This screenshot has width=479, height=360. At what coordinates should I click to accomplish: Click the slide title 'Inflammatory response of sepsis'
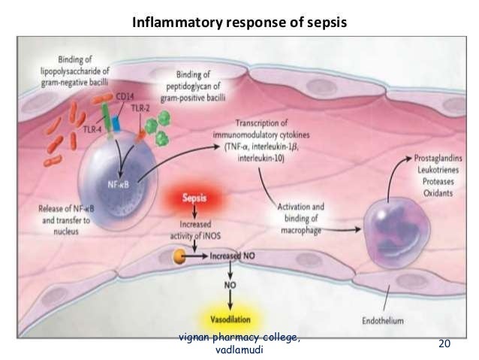[x=239, y=23]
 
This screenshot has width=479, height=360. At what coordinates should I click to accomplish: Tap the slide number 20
[x=444, y=343]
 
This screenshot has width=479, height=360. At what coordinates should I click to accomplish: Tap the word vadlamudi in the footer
[x=239, y=349]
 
